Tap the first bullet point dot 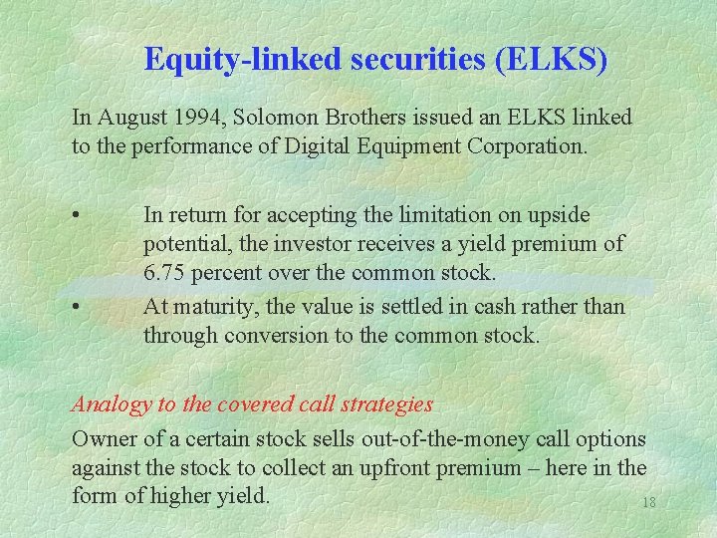pos(77,215)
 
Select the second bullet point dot pos(77,307)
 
